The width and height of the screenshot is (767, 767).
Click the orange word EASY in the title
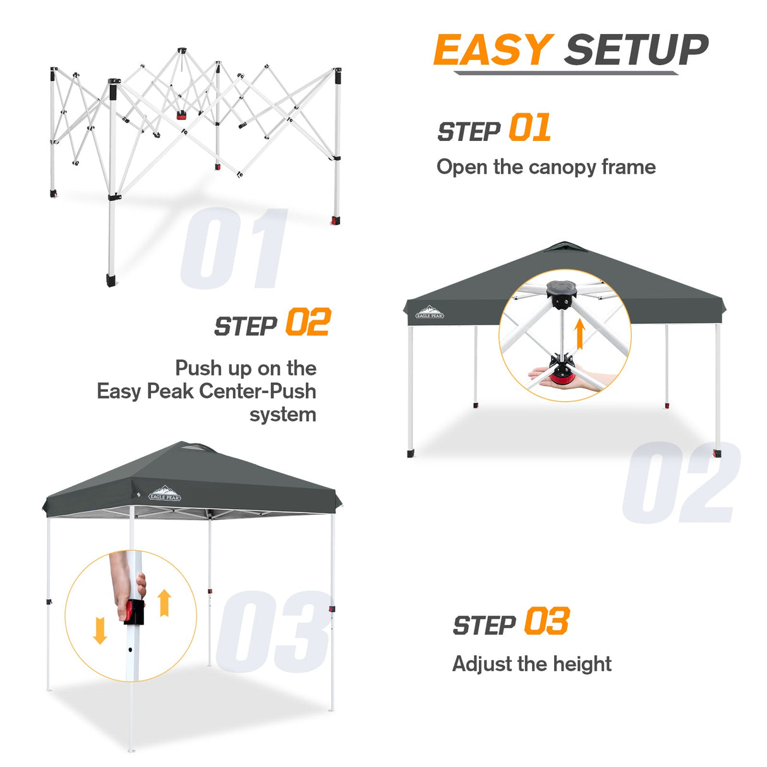point(493,50)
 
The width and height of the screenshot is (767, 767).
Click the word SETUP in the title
point(636,50)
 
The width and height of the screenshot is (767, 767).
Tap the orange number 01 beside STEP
point(529,128)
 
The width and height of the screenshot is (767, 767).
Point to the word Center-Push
point(263,391)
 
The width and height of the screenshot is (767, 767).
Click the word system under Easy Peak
point(282,414)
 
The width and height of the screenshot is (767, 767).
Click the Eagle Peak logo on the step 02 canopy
point(430,313)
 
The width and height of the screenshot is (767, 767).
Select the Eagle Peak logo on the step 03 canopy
point(165,493)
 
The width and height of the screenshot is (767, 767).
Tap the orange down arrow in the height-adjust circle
point(99,631)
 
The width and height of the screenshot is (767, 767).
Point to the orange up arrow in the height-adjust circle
point(164,603)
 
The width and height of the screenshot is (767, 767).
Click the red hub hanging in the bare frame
point(182,116)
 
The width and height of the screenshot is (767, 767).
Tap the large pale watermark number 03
point(273,632)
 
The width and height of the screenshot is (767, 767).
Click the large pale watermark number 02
point(681,483)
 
